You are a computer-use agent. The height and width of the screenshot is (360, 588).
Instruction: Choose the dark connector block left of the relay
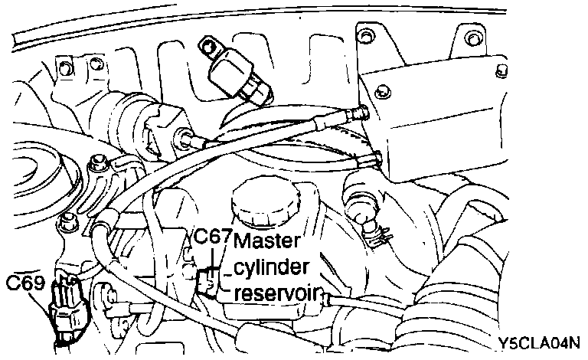pos(164,131)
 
